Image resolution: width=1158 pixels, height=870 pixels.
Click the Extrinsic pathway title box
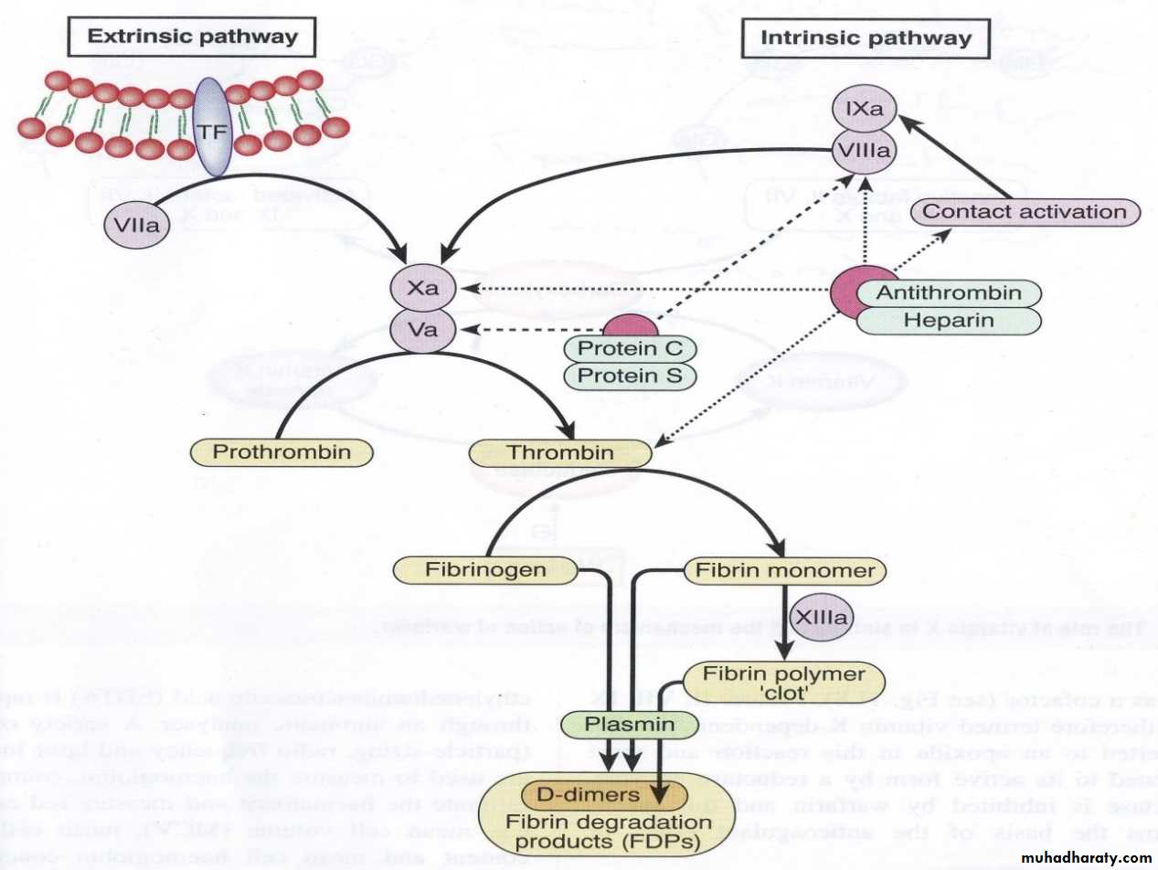pos(193,37)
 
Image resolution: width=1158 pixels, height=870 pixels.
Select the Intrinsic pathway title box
pos(866,38)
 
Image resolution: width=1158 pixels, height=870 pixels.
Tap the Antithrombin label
pos(948,292)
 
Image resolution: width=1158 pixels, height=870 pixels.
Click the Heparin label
pos(948,320)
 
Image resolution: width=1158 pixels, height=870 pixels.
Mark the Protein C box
pos(629,348)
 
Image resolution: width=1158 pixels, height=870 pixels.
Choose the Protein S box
pos(629,376)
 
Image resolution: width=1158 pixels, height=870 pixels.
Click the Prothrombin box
pos(281,452)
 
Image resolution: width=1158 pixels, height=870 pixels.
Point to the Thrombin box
pos(560,452)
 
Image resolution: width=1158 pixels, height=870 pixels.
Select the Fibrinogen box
pos(485,570)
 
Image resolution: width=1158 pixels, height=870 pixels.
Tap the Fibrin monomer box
pos(785,571)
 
